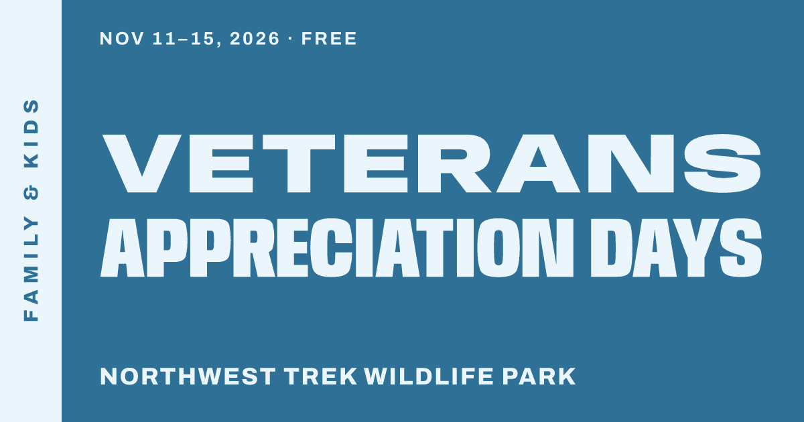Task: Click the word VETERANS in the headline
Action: pos(431,163)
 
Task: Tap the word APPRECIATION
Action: pos(336,248)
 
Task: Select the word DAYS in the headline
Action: pos(676,248)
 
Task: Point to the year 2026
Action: pos(255,38)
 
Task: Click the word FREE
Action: pos(329,38)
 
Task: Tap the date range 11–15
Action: pos(184,38)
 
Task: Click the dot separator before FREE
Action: pos(290,39)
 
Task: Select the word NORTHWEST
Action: pos(188,376)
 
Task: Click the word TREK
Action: pos(320,376)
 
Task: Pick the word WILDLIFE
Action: pos(429,376)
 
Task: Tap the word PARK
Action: pos(539,376)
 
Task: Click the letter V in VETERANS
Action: pos(141,163)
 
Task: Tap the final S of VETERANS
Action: pos(722,163)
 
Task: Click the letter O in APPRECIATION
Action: pos(498,248)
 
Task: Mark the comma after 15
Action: pos(219,44)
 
